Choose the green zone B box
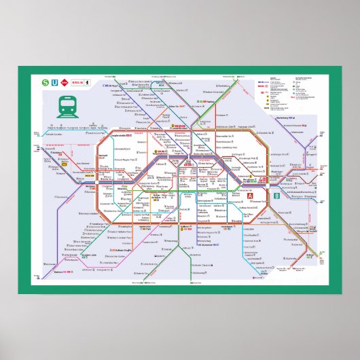click(x=276, y=197)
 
